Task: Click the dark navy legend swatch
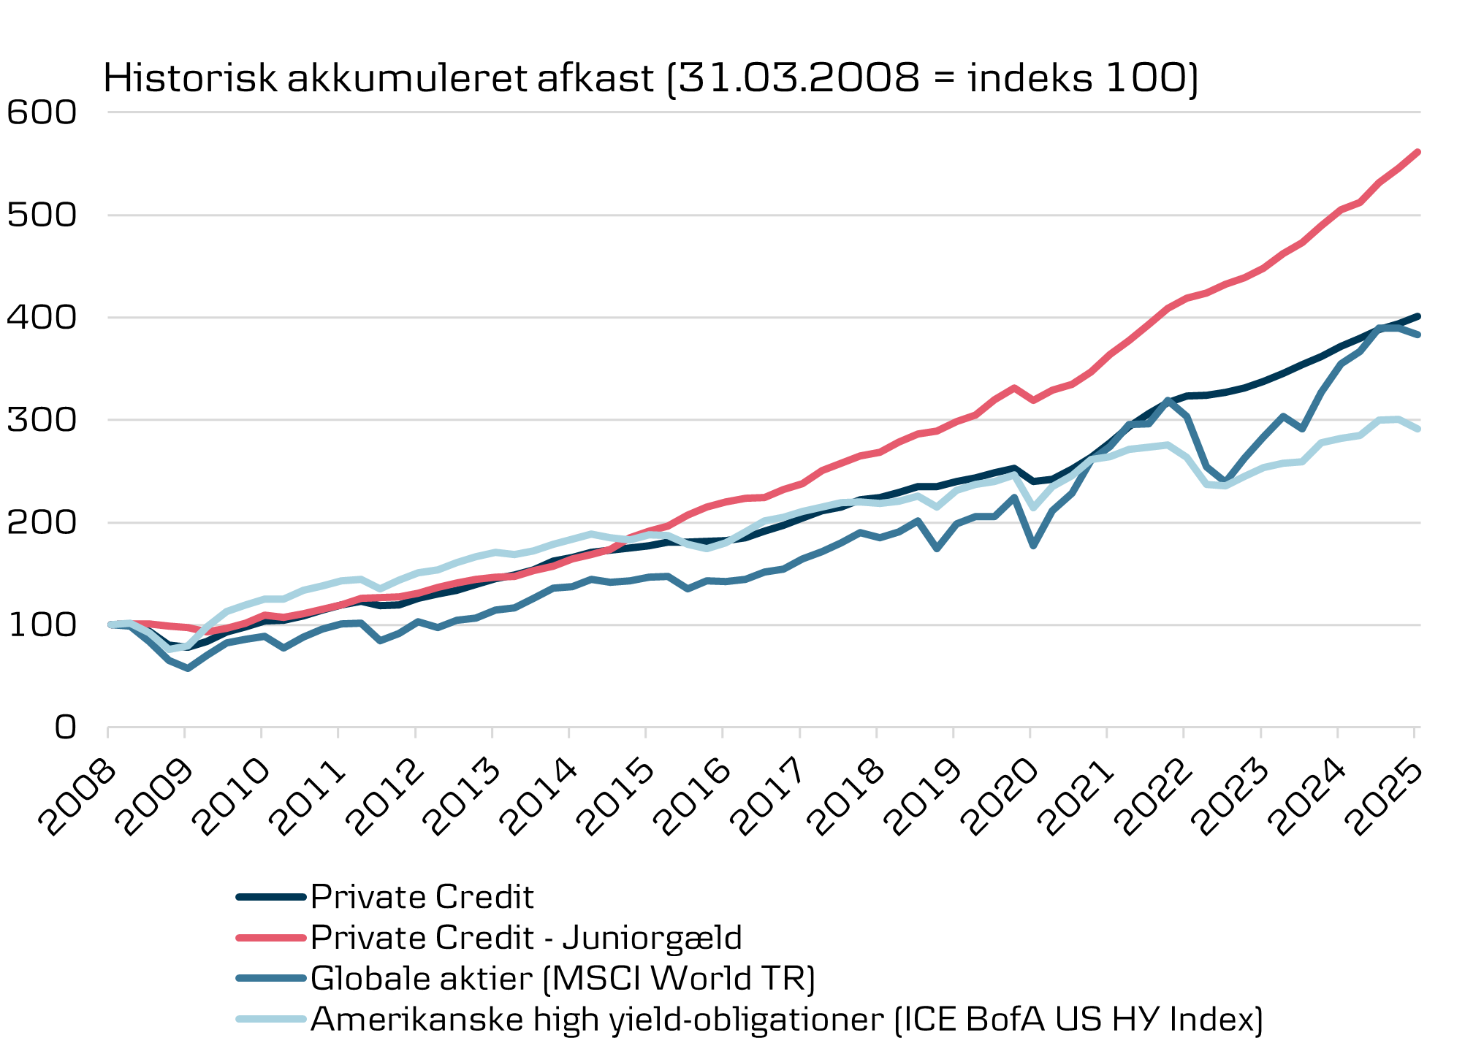coord(271,897)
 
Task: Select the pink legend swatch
coord(271,938)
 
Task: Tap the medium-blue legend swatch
coord(271,978)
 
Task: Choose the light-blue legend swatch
coord(271,1019)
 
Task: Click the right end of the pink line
coord(1418,152)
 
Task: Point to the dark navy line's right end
coord(1418,316)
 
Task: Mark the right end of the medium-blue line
coord(1418,335)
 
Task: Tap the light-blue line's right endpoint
coord(1418,429)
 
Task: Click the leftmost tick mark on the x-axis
coord(108,733)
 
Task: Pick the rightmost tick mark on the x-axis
coord(1415,733)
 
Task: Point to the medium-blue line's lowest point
coord(189,668)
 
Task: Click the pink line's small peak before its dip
coord(1014,387)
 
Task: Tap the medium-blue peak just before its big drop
coord(1168,400)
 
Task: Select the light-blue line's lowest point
coord(170,649)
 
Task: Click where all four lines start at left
coord(110,625)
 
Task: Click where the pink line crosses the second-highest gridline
coord(1331,215)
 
